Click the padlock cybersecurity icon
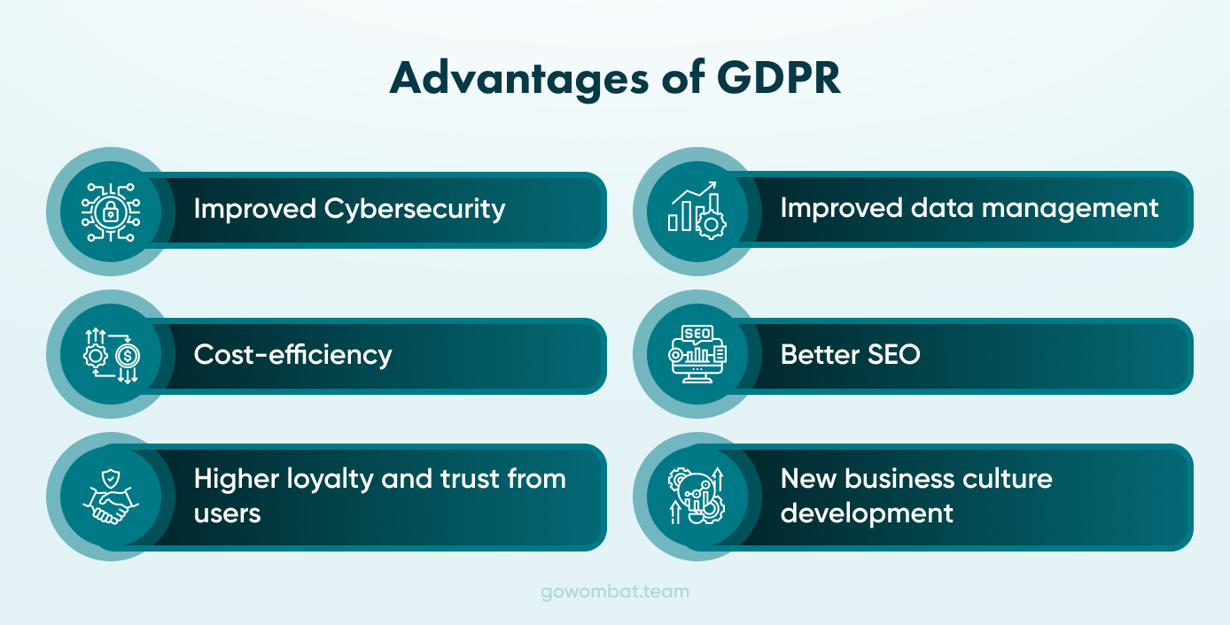point(111,212)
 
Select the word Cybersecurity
point(415,209)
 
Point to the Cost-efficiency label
point(292,355)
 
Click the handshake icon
point(111,497)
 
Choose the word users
point(227,513)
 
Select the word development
point(867,513)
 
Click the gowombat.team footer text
point(615,591)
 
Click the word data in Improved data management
point(933,207)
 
